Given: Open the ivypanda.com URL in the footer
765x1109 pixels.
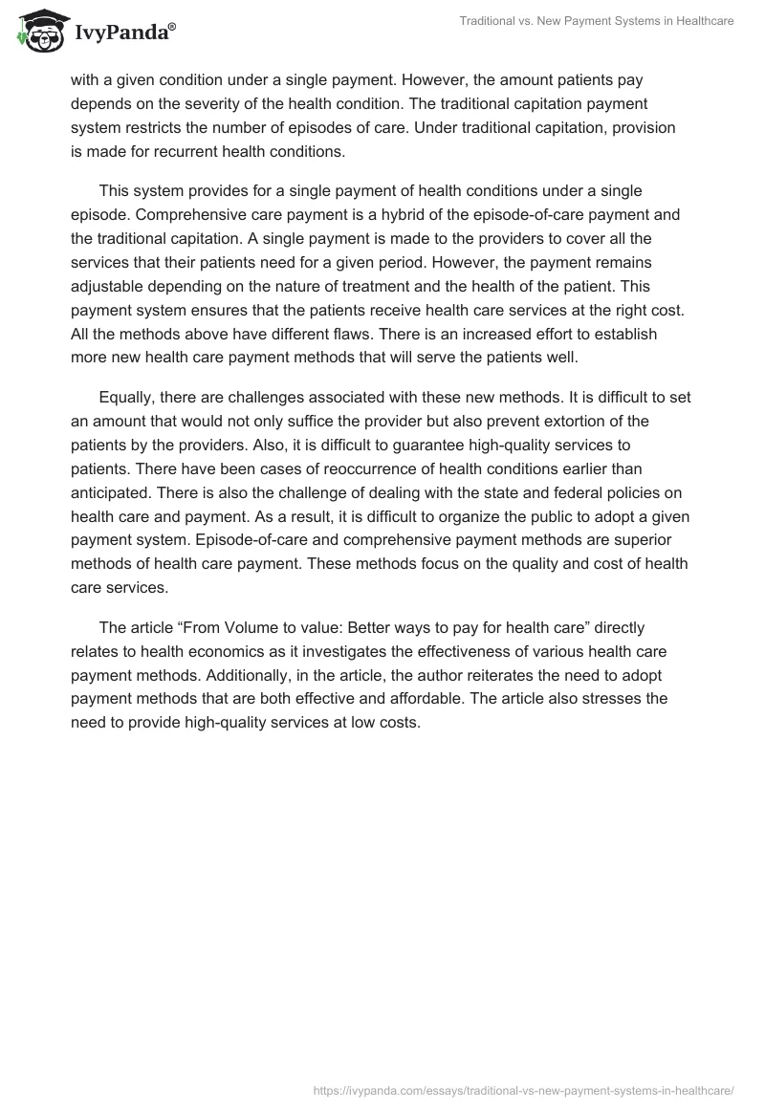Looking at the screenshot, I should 524,1089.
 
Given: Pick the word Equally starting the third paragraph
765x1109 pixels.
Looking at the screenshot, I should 128,397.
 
